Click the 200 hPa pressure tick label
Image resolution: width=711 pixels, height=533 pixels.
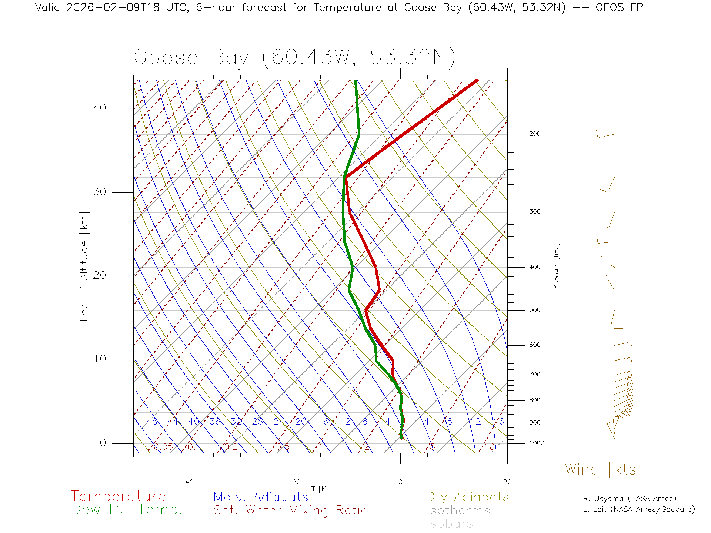click(535, 134)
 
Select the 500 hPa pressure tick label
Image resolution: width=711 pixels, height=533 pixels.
click(535, 310)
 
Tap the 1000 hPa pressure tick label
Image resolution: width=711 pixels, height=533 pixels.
click(537, 443)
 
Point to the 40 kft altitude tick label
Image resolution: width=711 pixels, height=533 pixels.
click(100, 108)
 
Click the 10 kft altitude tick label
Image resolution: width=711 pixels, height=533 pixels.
click(100, 359)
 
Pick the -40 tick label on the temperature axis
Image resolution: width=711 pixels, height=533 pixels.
click(187, 482)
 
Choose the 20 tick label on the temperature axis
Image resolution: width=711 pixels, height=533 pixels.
click(507, 482)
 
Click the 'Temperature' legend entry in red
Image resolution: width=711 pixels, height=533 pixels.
click(118, 496)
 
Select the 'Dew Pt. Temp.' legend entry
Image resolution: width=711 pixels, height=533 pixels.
click(127, 510)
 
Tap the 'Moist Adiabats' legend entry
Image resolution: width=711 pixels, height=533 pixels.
click(261, 497)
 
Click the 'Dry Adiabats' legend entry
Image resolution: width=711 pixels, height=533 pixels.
click(468, 497)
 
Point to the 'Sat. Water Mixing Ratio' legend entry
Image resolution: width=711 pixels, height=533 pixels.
click(291, 510)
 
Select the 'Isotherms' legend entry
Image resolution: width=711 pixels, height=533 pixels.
click(458, 510)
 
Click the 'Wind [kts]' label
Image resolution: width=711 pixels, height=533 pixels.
click(604, 470)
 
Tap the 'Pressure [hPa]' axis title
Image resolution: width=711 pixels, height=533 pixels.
click(556, 266)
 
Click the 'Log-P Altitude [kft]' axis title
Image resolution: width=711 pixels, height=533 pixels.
click(84, 266)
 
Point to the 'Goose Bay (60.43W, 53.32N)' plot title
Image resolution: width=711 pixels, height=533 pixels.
click(294, 57)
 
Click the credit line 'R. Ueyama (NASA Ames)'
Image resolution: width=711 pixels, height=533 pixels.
click(630, 499)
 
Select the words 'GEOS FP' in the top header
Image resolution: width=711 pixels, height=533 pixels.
click(619, 7)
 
